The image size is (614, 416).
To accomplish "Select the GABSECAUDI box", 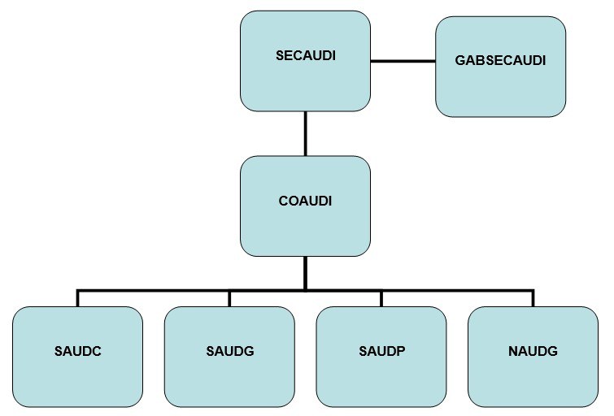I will tap(500, 85).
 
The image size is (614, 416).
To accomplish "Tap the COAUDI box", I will tap(305, 223).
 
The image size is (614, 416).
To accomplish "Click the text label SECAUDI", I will tap(305, 56).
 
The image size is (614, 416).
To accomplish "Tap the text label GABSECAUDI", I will tap(500, 61).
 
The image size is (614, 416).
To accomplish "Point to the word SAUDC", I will tap(78, 352).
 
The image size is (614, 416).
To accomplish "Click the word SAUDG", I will tap(229, 352).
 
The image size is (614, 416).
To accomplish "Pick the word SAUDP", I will tap(381, 352).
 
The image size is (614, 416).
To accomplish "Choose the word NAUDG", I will tap(533, 352).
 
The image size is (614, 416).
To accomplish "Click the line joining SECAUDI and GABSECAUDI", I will tap(403, 61).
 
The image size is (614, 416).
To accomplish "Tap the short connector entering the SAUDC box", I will tap(78, 298).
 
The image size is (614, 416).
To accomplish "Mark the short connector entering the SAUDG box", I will tap(229, 298).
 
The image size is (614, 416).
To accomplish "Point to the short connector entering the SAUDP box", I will tap(381, 298).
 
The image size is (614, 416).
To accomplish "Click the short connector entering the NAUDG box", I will tap(533, 298).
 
